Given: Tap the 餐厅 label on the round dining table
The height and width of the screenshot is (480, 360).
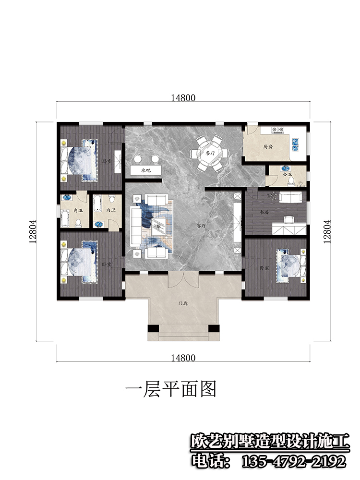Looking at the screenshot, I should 209,154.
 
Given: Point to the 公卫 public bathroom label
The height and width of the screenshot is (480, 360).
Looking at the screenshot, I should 287,175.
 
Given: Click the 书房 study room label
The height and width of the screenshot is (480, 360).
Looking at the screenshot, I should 263,211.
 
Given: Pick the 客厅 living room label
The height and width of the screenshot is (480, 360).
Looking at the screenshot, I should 201,225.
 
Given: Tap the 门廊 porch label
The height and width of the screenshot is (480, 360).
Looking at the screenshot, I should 182,303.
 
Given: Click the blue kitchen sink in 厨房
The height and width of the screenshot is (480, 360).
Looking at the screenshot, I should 296,142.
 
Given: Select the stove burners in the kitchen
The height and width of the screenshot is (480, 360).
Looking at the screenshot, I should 278,129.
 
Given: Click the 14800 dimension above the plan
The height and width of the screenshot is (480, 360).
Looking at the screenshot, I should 182,98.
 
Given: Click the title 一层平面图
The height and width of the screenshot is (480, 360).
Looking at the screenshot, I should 170,388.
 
